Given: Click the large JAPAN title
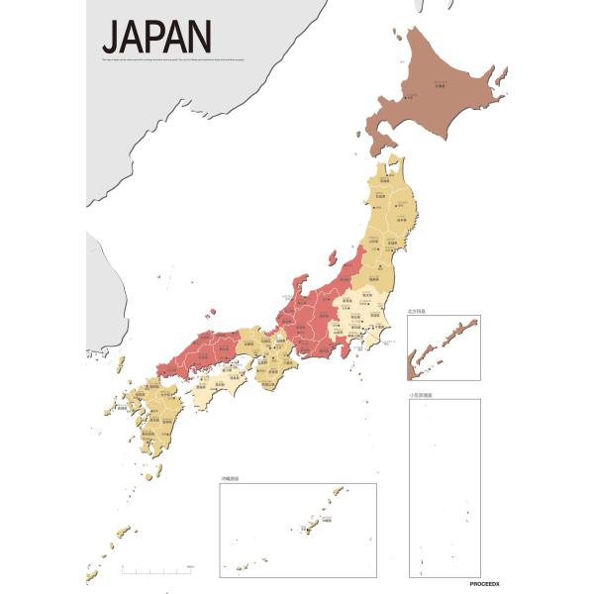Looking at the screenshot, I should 156,38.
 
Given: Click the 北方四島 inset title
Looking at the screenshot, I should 418,311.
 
